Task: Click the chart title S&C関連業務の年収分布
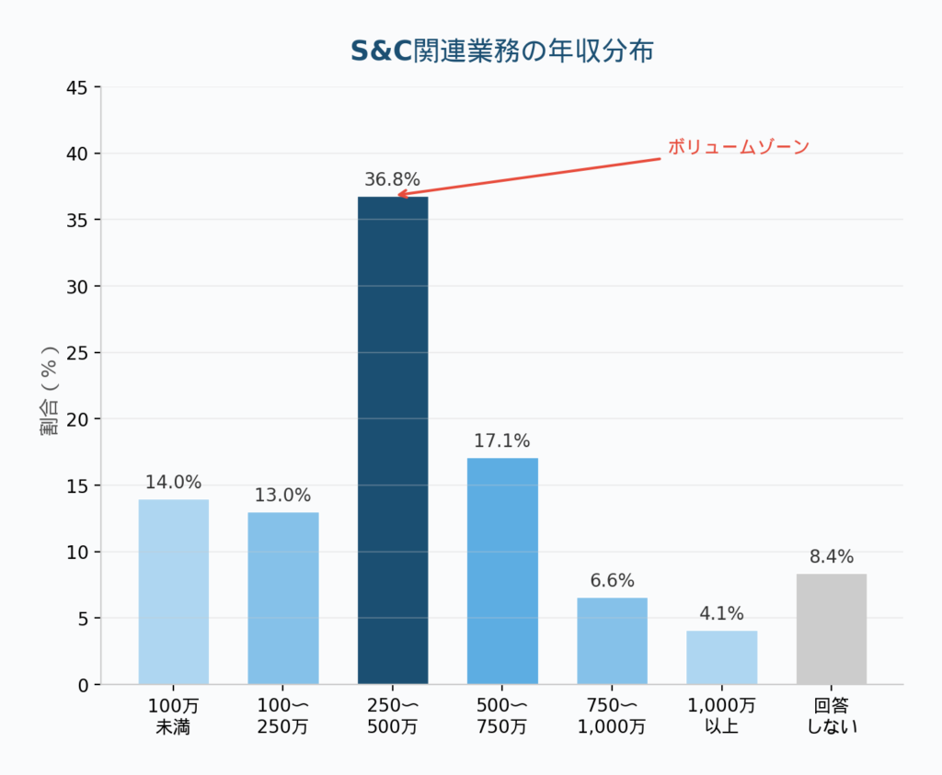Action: [502, 51]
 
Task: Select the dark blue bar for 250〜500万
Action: [393, 440]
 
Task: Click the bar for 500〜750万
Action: [502, 571]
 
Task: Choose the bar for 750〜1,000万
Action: [612, 641]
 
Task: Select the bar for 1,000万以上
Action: [721, 657]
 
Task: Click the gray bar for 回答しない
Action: [832, 629]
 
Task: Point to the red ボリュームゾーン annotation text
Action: [738, 147]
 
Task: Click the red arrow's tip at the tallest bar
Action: [398, 195]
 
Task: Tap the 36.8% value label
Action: [393, 179]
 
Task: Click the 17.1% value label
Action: [502, 441]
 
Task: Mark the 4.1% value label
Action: [721, 613]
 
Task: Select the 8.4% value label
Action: [832, 556]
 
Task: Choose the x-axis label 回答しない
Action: [832, 716]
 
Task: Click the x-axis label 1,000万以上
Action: [721, 716]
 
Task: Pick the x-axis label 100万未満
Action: [174, 716]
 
